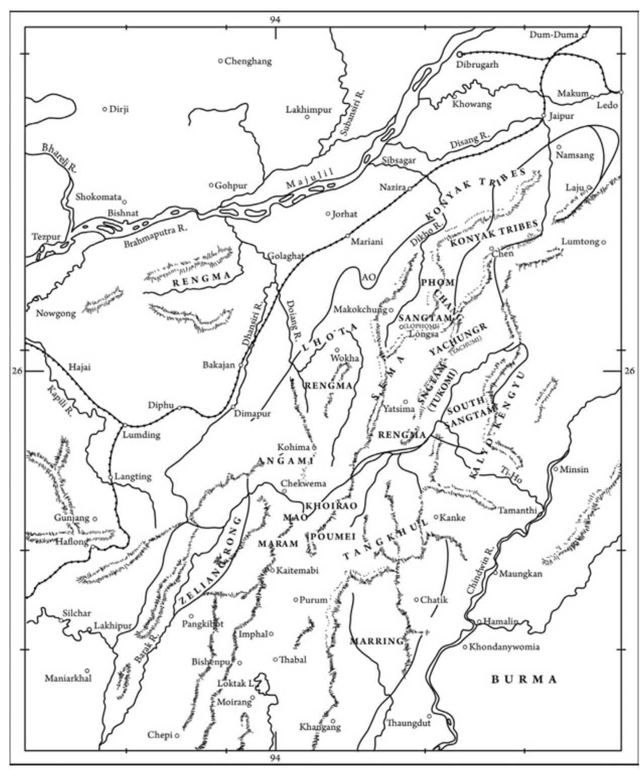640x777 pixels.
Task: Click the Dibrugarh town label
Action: point(477,65)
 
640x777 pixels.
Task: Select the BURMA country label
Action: point(524,679)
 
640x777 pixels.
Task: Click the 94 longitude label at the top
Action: point(274,20)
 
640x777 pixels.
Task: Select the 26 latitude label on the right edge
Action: point(629,371)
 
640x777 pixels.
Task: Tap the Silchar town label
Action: point(77,613)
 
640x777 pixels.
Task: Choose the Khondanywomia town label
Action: point(504,647)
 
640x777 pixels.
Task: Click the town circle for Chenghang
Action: point(221,61)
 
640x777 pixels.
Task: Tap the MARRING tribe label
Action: point(377,642)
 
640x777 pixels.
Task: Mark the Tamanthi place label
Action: point(518,510)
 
